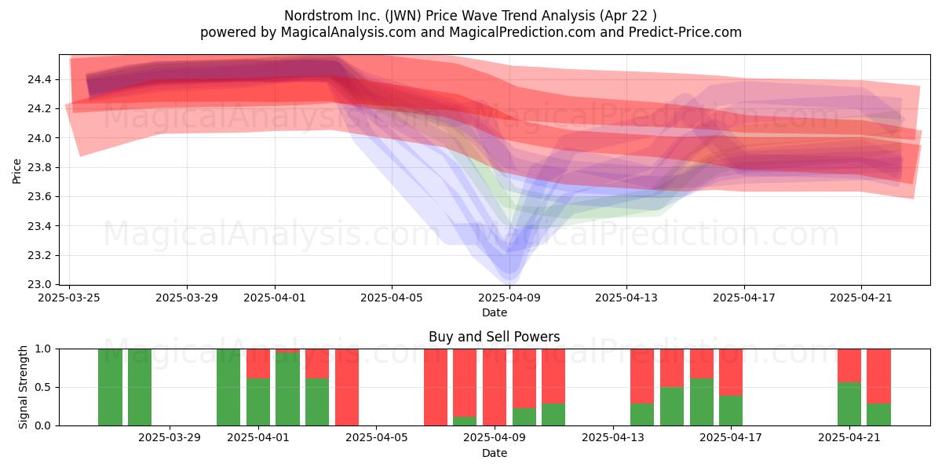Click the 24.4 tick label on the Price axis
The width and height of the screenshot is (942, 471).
[x=39, y=79]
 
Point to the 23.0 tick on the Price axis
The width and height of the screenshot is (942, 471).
[x=39, y=285]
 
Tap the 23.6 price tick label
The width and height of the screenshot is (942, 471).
[x=39, y=197]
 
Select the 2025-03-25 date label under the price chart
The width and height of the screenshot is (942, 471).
[x=69, y=298]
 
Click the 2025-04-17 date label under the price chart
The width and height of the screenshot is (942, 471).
[x=744, y=298]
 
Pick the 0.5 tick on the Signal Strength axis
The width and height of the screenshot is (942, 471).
[x=42, y=387]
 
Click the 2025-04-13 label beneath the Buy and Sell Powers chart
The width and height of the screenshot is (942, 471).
[x=613, y=438]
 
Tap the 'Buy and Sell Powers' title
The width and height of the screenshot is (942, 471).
[x=494, y=337]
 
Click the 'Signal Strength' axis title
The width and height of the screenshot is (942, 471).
[x=23, y=387]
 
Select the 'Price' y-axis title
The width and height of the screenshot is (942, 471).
[x=16, y=171]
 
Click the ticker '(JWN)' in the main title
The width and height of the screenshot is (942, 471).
[x=403, y=16]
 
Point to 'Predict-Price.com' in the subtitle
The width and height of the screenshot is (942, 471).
[x=685, y=32]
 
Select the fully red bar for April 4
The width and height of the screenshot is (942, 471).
[x=347, y=387]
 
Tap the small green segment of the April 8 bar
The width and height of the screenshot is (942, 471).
[x=465, y=421]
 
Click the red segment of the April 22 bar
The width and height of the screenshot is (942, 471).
[x=878, y=376]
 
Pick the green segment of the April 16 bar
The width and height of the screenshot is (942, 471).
[x=702, y=402]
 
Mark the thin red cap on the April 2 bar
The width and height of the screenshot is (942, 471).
[x=287, y=351]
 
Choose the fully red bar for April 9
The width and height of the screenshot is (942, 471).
[x=495, y=387]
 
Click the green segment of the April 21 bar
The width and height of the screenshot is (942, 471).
[x=849, y=404]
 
